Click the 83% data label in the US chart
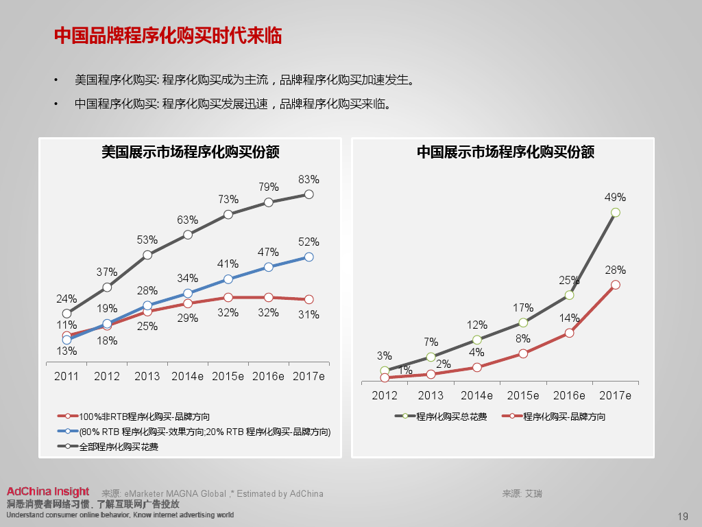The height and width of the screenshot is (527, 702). tap(309, 179)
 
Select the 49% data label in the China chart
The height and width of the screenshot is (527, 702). tap(615, 197)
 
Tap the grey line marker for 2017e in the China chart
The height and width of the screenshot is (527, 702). tap(615, 213)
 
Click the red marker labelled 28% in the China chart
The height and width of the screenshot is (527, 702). tap(615, 285)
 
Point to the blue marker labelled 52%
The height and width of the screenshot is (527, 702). tap(308, 257)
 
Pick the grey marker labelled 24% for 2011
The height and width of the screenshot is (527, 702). tap(66, 313)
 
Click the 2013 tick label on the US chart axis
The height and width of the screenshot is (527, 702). tap(147, 376)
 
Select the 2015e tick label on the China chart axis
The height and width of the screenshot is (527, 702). tap(522, 395)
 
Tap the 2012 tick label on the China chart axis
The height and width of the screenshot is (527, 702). tap(385, 395)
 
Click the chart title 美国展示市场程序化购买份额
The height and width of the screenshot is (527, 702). tap(190, 152)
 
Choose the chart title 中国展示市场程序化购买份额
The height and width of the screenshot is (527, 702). tap(505, 152)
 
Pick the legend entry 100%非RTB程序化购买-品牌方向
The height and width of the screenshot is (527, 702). tap(144, 417)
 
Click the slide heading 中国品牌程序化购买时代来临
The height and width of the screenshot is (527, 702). tap(168, 36)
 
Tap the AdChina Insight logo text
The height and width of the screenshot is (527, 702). tap(48, 491)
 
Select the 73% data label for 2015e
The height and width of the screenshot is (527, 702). tap(228, 199)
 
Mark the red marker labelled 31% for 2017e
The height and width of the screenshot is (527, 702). tap(308, 299)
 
